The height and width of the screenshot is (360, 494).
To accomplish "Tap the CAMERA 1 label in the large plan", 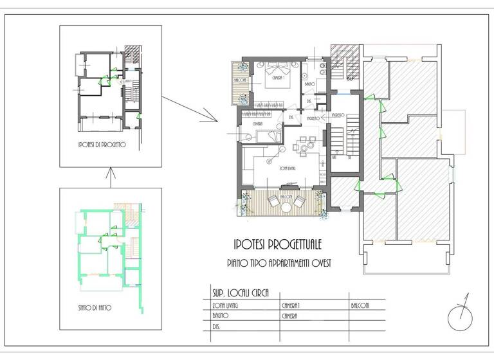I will click(278, 78).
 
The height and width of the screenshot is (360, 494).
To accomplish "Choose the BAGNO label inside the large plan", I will click(309, 84).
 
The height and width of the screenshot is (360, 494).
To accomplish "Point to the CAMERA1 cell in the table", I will click(293, 305).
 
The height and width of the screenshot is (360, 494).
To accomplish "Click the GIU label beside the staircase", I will click(335, 157).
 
